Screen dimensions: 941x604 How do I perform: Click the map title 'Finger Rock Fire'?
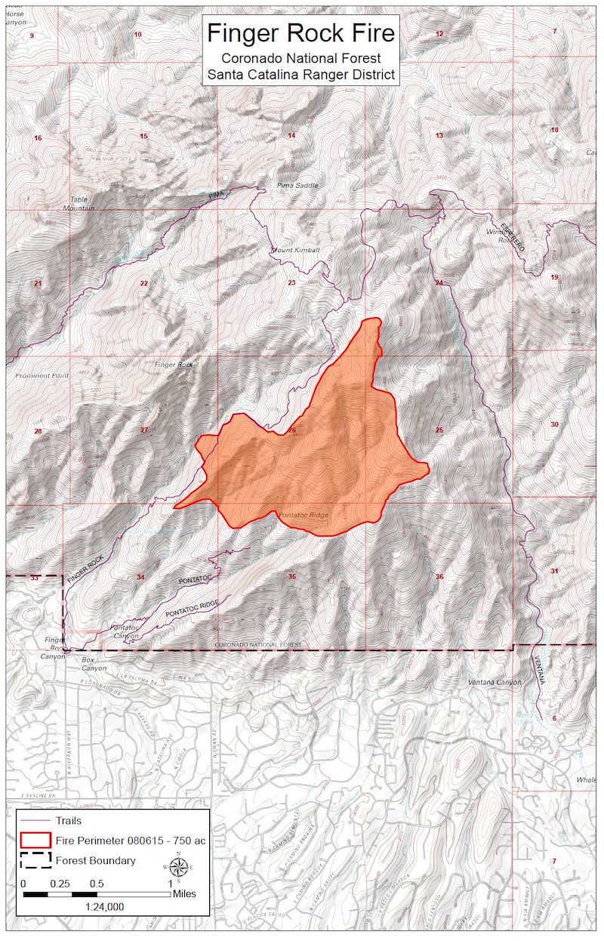(x=300, y=33)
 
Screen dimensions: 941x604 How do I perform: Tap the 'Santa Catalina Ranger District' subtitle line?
(x=300, y=74)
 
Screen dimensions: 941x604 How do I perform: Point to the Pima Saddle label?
(x=298, y=185)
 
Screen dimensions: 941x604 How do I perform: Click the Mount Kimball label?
(x=295, y=250)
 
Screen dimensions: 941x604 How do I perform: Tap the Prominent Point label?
(x=42, y=375)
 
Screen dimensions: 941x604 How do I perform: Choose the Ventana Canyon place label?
(x=495, y=683)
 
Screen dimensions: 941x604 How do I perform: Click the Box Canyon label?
(x=94, y=668)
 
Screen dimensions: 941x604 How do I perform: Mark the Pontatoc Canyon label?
(x=125, y=631)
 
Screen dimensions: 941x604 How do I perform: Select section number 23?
(x=291, y=282)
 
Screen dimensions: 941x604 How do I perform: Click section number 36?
(x=439, y=577)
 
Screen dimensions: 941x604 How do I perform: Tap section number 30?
(x=554, y=424)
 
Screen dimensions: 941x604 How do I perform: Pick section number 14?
(x=291, y=135)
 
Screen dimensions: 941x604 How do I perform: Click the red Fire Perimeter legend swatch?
(x=35, y=840)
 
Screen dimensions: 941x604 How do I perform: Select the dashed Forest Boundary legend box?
(x=35, y=860)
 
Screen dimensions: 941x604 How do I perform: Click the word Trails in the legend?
(x=69, y=820)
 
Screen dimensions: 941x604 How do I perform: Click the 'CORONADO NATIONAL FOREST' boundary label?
(x=258, y=645)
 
